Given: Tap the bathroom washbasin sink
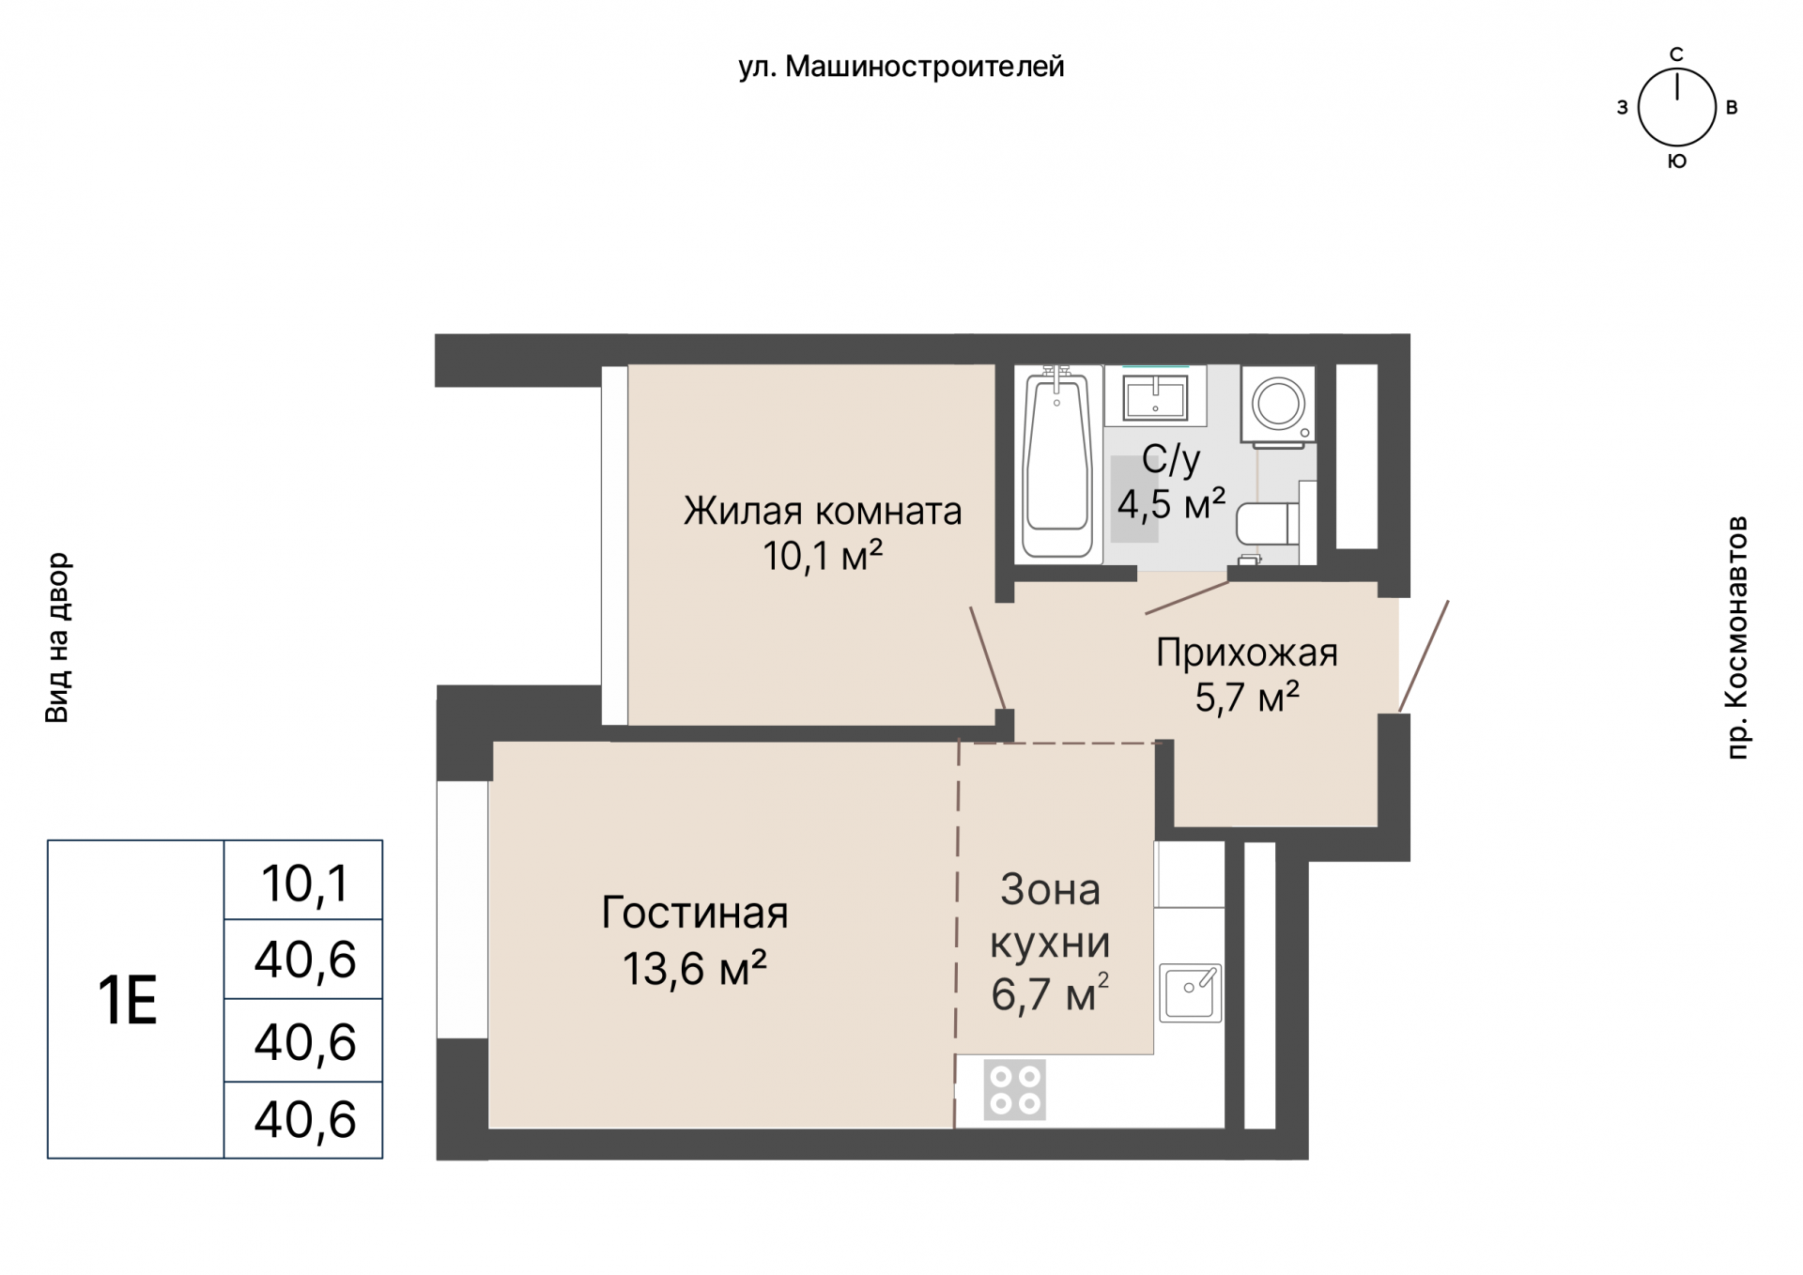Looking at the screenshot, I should point(1155,395).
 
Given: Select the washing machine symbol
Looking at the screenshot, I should point(1277,405).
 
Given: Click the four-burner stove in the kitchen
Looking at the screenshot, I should point(1014,1090).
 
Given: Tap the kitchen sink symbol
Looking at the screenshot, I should point(1190,992).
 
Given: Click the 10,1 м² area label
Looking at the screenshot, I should point(822,557).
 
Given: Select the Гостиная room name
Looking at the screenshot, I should point(694,913).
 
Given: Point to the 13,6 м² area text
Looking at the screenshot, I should point(694,967).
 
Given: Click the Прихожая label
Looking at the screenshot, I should point(1246,653).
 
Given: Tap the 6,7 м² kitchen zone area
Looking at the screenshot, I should point(1049,994).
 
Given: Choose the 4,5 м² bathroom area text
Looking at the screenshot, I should point(1170,504).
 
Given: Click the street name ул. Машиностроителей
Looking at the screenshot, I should point(901,67).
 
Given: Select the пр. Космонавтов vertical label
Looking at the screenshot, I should point(1737,637).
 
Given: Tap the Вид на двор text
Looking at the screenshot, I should point(57,637).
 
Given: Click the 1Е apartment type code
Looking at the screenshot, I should point(128,1000).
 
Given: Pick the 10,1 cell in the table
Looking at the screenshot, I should point(304,883).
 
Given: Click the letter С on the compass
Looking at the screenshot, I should point(1676,54).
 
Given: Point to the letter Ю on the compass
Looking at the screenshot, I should point(1676,161).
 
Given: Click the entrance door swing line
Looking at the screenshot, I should point(1424,656).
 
